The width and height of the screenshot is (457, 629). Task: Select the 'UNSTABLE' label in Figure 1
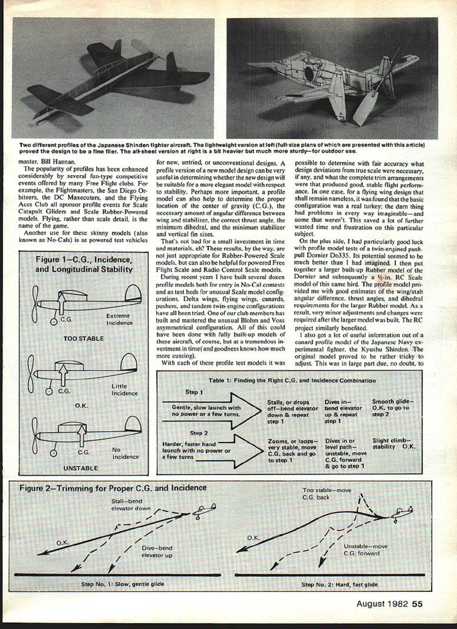pyautogui.click(x=81, y=467)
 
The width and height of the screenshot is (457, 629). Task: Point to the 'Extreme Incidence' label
pyautogui.click(x=119, y=319)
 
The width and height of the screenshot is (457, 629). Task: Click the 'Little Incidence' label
pyautogui.click(x=124, y=390)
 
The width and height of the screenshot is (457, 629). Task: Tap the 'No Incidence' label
pyautogui.click(x=125, y=453)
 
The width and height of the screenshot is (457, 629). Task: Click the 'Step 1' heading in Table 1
pyautogui.click(x=194, y=392)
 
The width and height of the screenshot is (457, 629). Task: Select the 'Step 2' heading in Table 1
pyautogui.click(x=199, y=433)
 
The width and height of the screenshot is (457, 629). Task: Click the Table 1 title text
pyautogui.click(x=292, y=380)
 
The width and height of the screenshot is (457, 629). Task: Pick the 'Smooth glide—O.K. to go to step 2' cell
pyautogui.click(x=391, y=408)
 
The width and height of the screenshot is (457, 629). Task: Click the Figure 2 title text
pyautogui.click(x=113, y=488)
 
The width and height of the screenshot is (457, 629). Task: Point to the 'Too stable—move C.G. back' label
pyautogui.click(x=326, y=494)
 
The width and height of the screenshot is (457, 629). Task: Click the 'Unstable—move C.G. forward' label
pyautogui.click(x=365, y=550)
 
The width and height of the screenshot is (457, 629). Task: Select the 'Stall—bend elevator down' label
pyautogui.click(x=131, y=505)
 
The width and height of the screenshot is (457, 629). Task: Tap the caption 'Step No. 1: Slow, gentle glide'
pyautogui.click(x=123, y=584)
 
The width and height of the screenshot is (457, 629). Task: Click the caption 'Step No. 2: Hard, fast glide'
pyautogui.click(x=339, y=584)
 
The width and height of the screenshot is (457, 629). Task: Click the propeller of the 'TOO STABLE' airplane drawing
pyautogui.click(x=35, y=304)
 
